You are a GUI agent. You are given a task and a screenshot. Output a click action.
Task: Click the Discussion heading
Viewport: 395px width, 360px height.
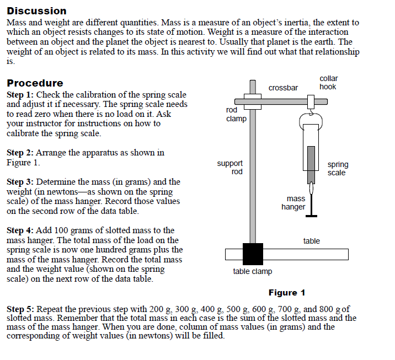pos(36,11)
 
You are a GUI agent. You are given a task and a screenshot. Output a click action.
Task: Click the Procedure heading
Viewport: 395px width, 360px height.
pos(35,83)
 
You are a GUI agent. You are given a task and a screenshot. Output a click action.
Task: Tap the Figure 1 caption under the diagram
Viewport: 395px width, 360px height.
pos(286,293)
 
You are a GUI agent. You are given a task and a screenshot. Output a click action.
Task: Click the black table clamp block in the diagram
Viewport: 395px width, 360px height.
pos(253,254)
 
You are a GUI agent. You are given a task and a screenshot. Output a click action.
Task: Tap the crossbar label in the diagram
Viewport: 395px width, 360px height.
pos(283,88)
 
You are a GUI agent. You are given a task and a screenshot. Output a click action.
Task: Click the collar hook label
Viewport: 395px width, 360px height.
pos(328,83)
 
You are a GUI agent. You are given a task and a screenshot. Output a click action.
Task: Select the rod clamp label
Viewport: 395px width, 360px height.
pos(236,114)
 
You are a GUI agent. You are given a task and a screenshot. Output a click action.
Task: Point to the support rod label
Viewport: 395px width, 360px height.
pos(229,167)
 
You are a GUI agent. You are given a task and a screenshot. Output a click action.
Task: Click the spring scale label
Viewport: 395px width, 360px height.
pos(337,169)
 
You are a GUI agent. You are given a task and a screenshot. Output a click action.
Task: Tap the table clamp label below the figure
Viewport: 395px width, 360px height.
pos(252,271)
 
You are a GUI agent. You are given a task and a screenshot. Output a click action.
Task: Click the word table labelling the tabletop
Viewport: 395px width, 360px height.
pos(311,241)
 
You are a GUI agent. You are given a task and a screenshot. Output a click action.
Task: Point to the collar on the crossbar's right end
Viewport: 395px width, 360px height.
pos(311,102)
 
